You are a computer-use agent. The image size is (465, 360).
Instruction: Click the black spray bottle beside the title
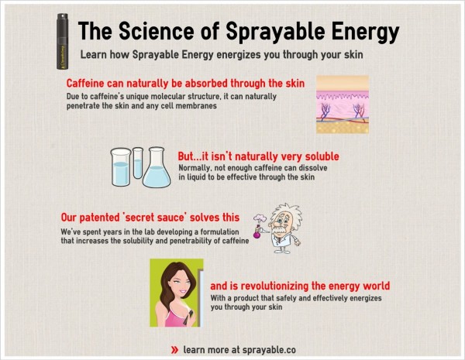click(62, 42)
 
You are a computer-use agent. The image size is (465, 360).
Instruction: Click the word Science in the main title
click(157, 31)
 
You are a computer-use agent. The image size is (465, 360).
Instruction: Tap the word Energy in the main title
click(365, 33)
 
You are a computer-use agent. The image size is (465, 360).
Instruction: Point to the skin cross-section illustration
click(343, 105)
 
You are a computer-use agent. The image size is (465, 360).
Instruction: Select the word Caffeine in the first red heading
click(85, 84)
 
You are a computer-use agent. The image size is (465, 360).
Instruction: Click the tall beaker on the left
click(121, 167)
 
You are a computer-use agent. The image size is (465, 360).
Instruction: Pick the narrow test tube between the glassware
click(138, 163)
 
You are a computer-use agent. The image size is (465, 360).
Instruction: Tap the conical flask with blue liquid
click(157, 167)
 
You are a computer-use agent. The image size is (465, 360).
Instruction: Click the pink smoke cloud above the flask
click(260, 218)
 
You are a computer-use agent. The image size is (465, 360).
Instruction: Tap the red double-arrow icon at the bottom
click(174, 350)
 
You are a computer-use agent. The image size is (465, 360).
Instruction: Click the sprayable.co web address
click(269, 350)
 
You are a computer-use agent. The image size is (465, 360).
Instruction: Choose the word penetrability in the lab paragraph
click(191, 241)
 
